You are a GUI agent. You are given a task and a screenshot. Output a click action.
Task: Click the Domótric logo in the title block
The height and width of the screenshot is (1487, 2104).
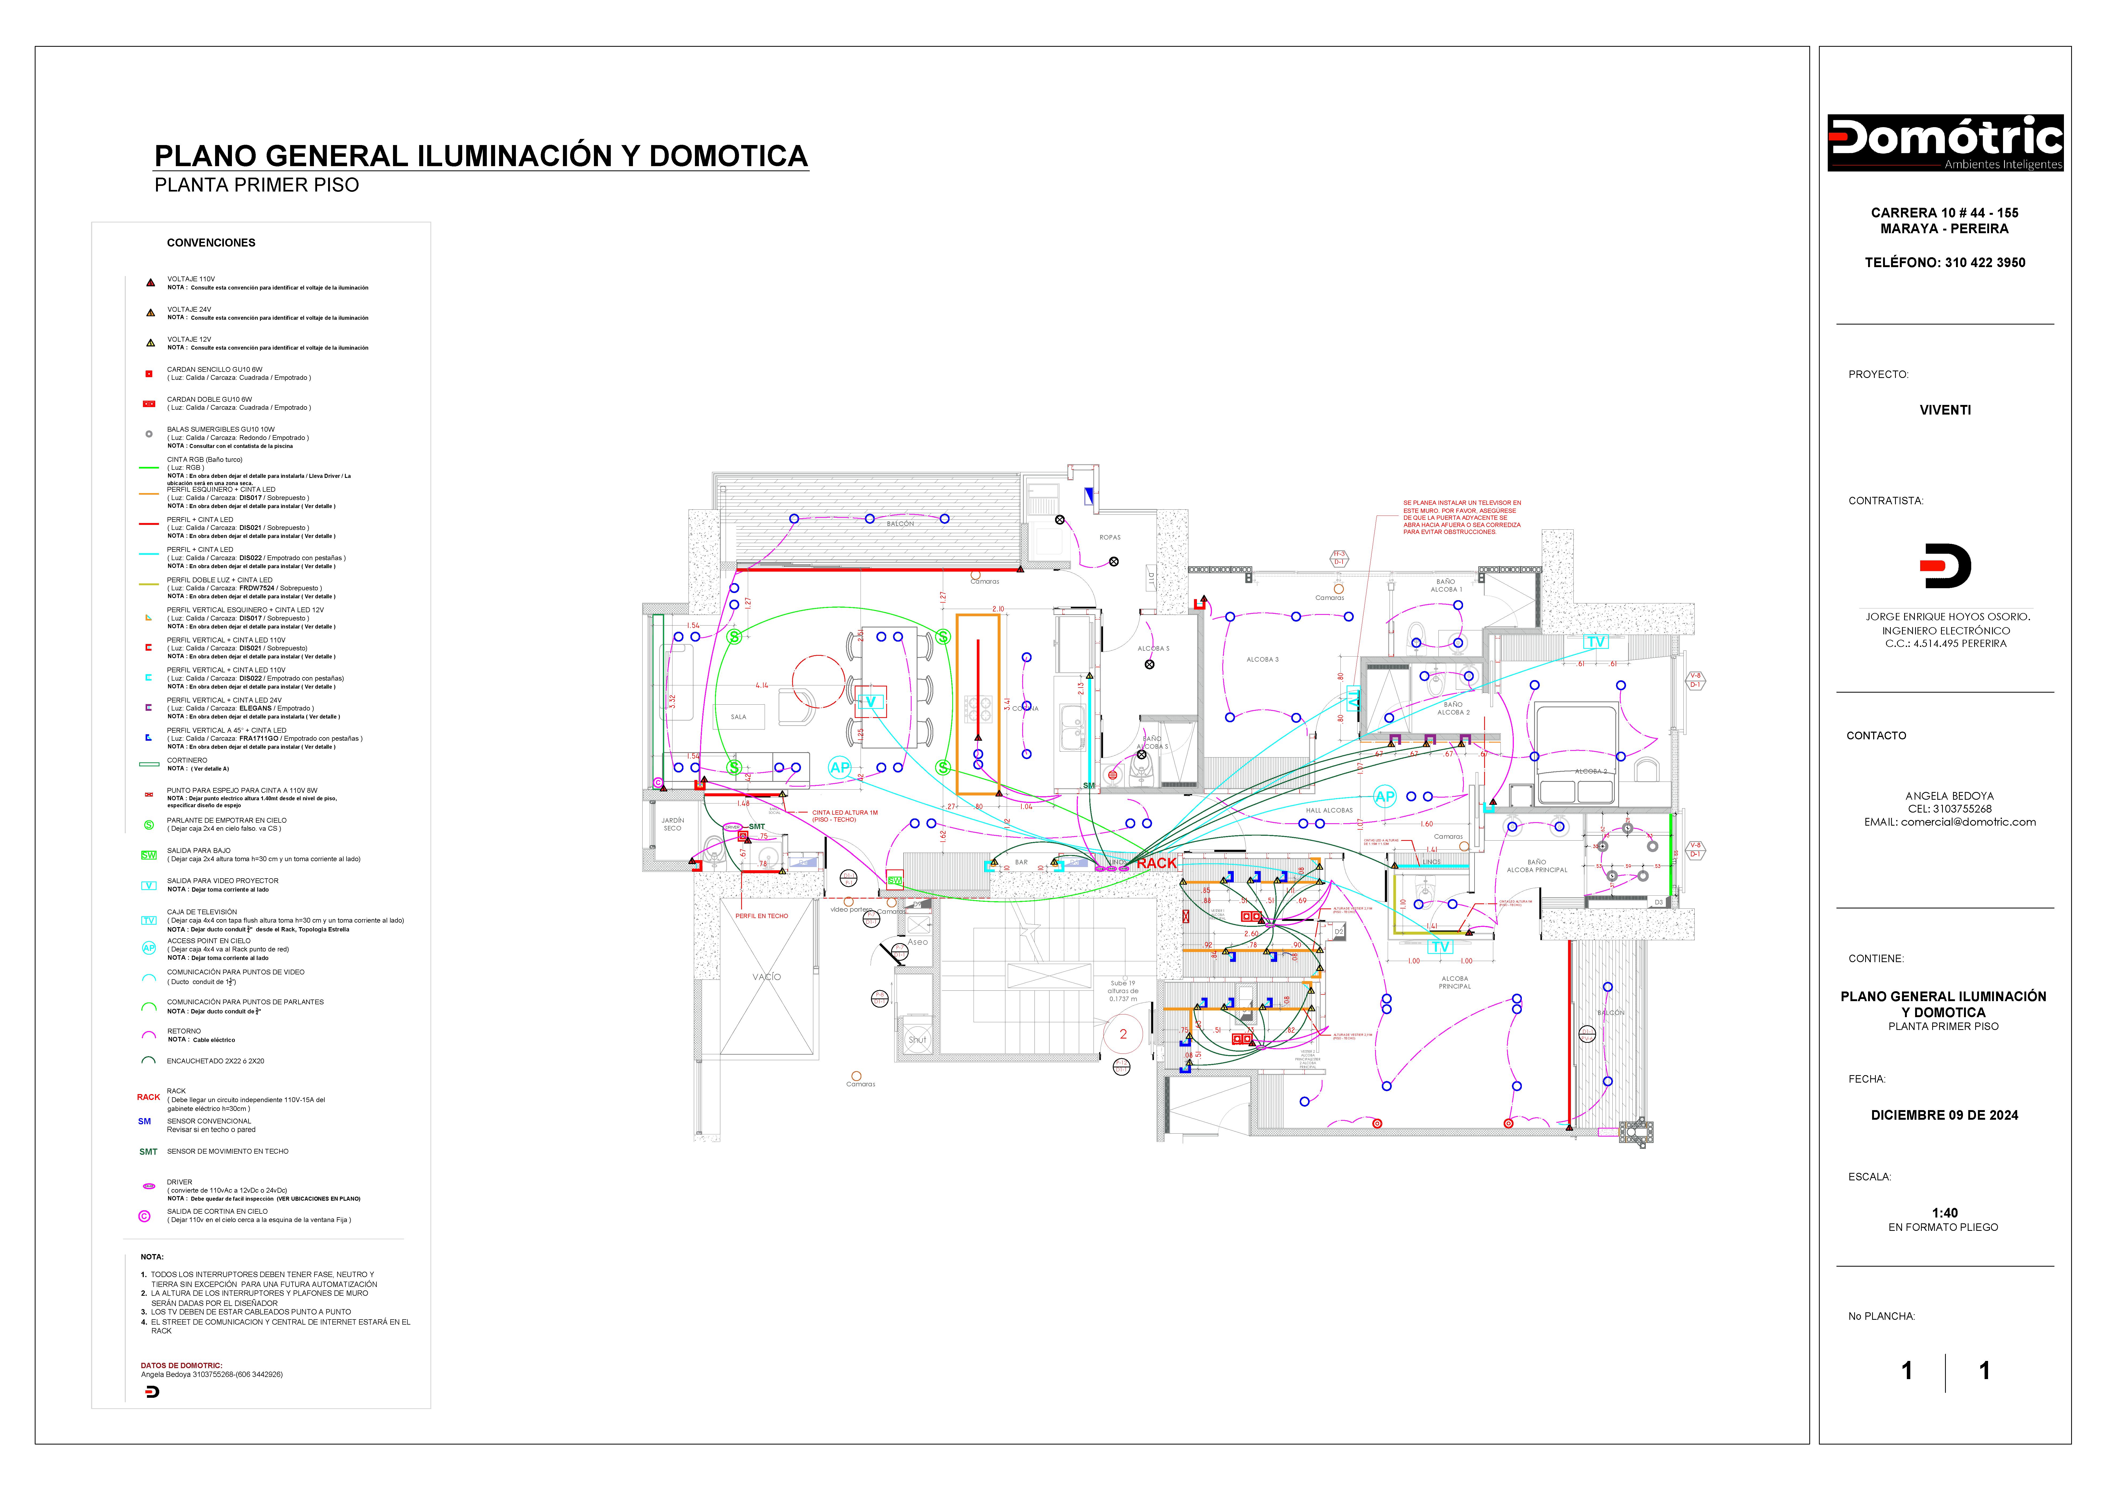(x=1944, y=143)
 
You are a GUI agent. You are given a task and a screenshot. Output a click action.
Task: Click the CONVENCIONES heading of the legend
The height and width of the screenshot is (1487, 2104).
(x=211, y=243)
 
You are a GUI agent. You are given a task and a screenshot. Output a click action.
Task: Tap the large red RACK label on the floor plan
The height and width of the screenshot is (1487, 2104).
(x=1157, y=863)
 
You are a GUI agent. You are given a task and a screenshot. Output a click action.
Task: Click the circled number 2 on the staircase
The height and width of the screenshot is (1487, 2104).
(x=1123, y=1035)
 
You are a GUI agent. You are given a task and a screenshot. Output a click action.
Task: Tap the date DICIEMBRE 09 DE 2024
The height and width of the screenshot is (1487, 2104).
(x=1944, y=1115)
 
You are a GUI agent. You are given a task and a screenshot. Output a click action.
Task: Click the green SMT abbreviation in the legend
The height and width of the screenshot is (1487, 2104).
(x=149, y=1152)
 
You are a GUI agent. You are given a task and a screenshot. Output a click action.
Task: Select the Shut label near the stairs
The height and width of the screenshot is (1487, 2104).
(x=917, y=1040)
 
